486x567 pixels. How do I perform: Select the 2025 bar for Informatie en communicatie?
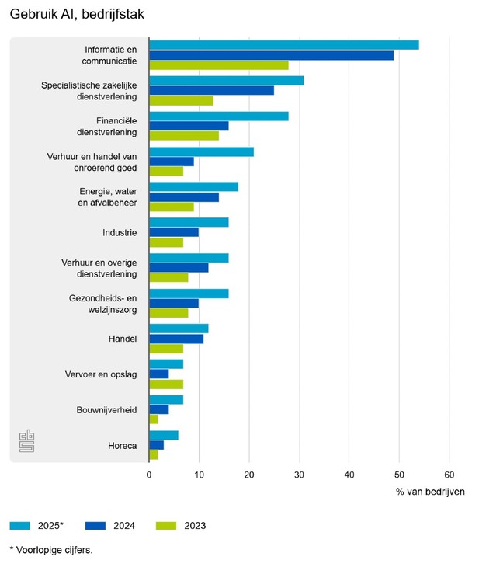pos(283,45)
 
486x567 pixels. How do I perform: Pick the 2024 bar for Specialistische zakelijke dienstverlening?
pos(211,91)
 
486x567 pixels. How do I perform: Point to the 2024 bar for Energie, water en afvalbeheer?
pos(184,197)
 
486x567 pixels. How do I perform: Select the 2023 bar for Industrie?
pos(166,242)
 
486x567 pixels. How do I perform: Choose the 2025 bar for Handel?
pos(179,329)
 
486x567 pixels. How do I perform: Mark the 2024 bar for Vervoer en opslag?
pos(159,374)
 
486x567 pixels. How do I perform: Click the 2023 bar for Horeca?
pos(154,455)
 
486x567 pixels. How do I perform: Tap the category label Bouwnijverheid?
pos(107,409)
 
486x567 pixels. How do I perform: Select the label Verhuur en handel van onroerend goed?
pos(92,161)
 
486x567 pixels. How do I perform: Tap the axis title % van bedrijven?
pos(431,492)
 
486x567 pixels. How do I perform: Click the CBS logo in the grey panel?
pos(26,442)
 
